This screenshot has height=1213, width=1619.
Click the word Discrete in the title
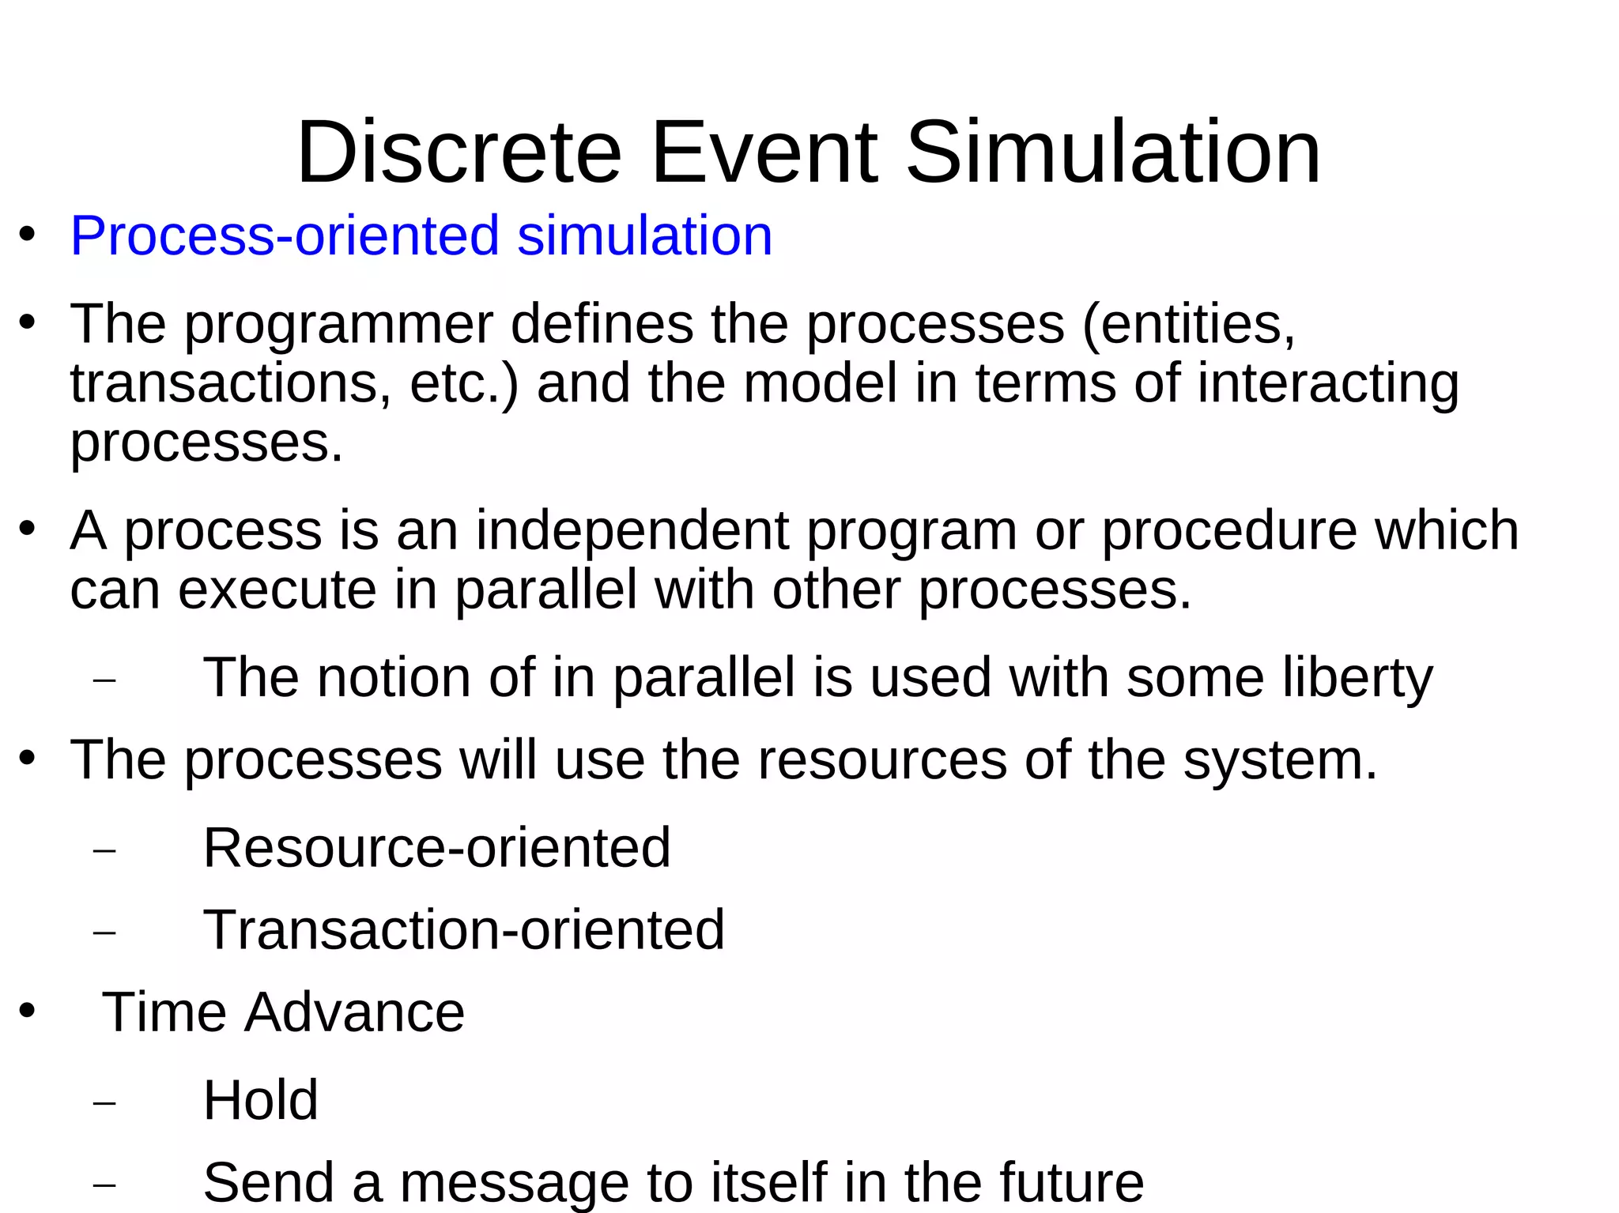coord(459,152)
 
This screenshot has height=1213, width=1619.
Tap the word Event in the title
coord(764,152)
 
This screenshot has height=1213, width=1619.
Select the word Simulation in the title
coord(1113,152)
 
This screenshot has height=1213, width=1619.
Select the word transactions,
coord(230,383)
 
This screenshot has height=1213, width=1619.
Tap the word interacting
coord(1327,383)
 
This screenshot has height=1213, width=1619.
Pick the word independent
coord(632,530)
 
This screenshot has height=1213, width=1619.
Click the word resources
coord(882,760)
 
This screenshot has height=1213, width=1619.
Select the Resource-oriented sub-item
coord(436,848)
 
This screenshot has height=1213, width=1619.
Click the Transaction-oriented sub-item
coord(463,929)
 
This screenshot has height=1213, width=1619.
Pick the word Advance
coord(354,1012)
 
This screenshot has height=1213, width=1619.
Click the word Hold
coord(260,1100)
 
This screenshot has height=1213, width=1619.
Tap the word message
coord(514,1182)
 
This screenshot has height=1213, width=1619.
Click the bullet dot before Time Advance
coord(28,1011)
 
